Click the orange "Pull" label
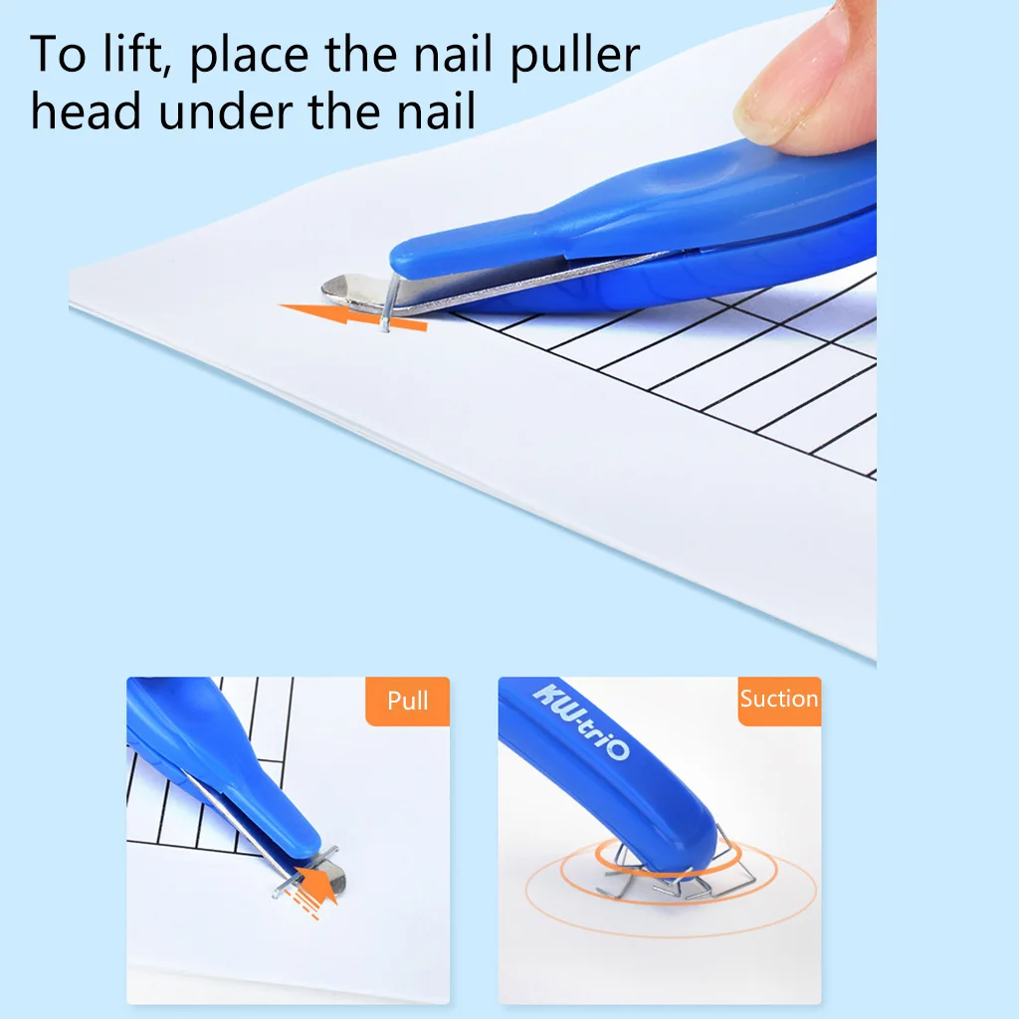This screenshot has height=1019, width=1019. pos(407,702)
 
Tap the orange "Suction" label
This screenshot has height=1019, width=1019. pos(778,699)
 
